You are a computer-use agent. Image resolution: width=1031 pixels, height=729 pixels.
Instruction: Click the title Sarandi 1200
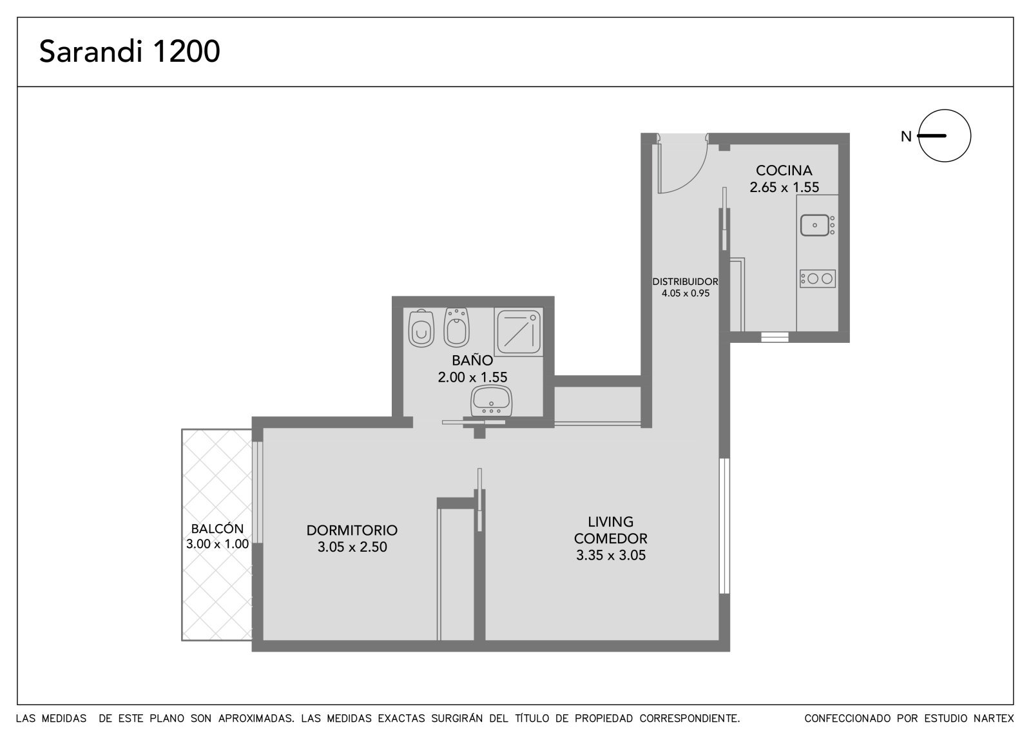click(130, 51)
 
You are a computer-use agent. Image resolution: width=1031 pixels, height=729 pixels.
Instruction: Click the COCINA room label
click(784, 170)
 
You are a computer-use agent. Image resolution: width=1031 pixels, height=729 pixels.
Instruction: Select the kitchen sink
click(814, 225)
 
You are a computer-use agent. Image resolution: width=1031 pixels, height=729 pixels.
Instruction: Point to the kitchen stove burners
click(818, 278)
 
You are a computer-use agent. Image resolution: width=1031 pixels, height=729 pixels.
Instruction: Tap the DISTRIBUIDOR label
click(685, 282)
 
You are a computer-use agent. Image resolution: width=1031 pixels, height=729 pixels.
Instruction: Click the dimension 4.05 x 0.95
click(686, 293)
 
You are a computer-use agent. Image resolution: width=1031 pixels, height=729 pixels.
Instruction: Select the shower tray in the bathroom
click(519, 332)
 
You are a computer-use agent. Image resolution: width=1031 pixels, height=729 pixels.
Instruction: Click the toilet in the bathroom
click(421, 328)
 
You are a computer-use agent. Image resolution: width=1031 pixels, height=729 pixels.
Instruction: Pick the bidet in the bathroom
click(456, 327)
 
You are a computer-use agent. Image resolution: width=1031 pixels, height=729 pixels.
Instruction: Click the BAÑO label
click(472, 360)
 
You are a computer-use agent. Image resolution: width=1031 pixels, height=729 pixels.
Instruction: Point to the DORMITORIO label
click(352, 530)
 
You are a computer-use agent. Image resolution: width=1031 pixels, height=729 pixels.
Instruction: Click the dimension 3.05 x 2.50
click(352, 547)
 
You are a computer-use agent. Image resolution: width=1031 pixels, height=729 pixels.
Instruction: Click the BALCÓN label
click(217, 529)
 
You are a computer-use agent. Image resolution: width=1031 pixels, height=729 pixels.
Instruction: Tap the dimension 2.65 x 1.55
click(784, 188)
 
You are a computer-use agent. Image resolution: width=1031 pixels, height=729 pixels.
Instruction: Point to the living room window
click(724, 526)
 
